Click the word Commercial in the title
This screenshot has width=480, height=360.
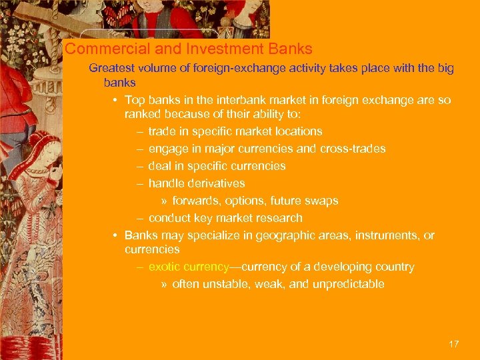(x=97, y=49)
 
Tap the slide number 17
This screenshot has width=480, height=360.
(x=454, y=344)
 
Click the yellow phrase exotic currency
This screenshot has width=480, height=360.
(x=189, y=267)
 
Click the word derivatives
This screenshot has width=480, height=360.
(x=213, y=183)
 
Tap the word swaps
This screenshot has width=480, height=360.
(x=323, y=201)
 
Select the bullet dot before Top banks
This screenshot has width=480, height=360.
(x=115, y=101)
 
